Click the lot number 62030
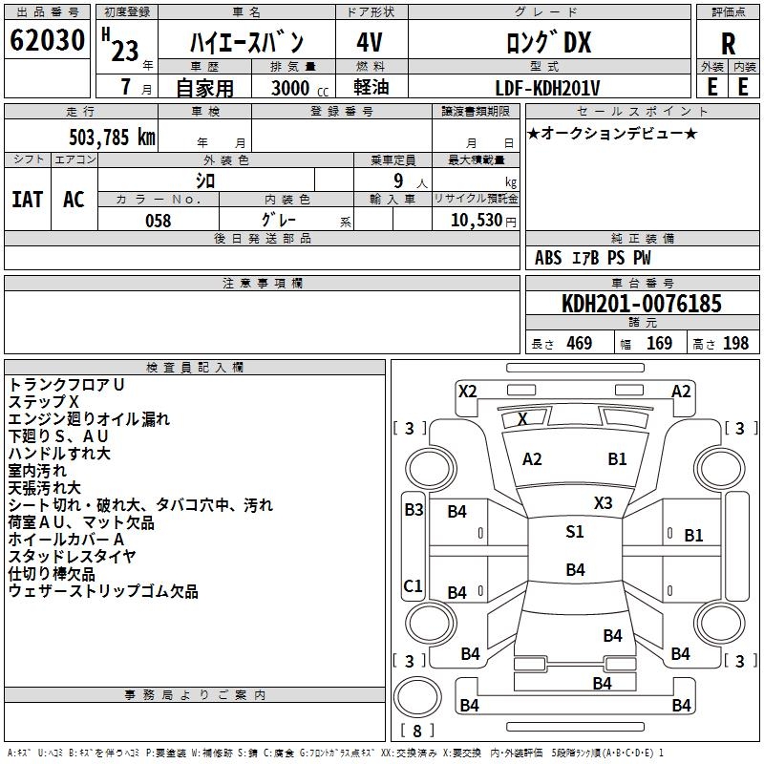click(48, 41)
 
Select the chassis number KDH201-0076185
click(641, 305)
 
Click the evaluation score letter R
click(728, 44)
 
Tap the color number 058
click(158, 220)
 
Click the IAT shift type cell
click(27, 199)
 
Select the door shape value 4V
click(371, 43)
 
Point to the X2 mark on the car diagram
click(467, 391)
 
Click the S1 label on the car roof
click(574, 532)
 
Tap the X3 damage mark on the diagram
click(603, 502)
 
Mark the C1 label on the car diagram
click(413, 585)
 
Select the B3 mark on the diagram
click(413, 509)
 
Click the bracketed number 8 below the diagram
click(416, 732)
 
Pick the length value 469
click(579, 344)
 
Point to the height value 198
click(735, 344)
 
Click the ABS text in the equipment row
click(548, 258)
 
